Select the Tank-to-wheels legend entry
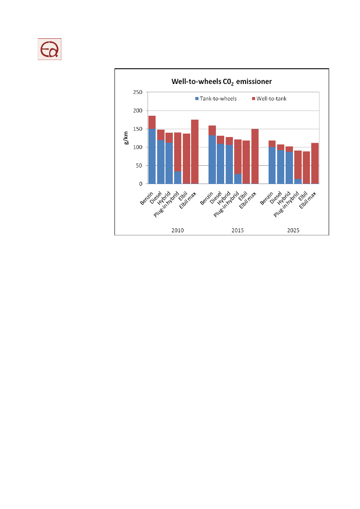[216, 99]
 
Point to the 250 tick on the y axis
[138, 92]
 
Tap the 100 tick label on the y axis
[138, 147]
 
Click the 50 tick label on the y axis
[139, 166]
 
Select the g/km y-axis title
[126, 138]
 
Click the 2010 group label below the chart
[178, 230]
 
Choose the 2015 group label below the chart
[238, 230]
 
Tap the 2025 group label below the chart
[293, 230]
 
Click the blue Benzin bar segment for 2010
[152, 157]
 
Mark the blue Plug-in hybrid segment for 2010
[178, 177]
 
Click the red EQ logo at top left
[49, 49]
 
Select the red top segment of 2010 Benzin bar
[152, 122]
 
